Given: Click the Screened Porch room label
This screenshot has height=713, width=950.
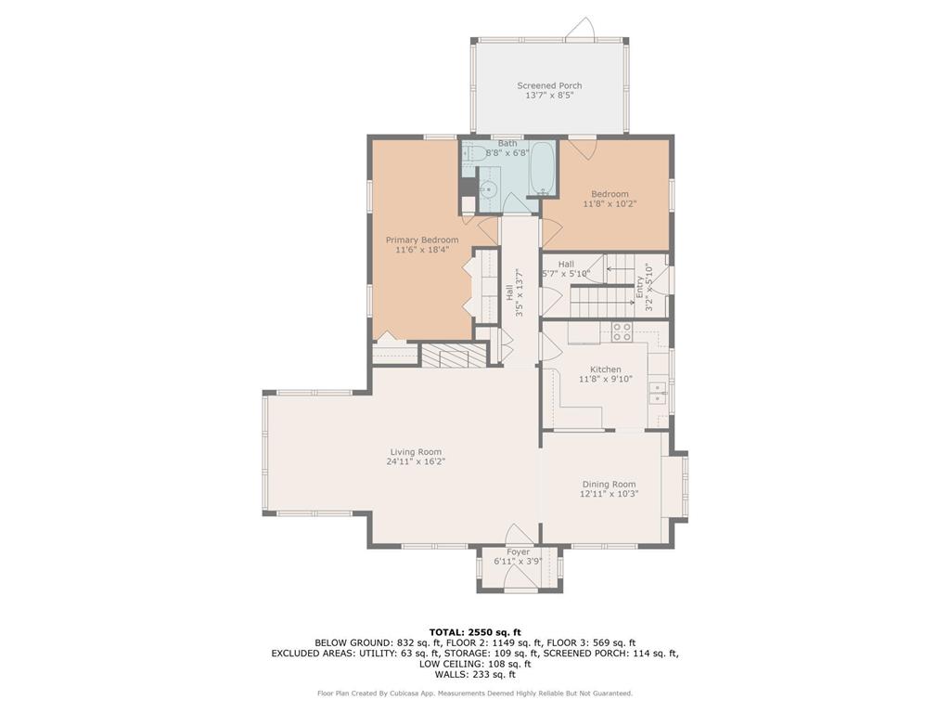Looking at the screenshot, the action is point(549,85).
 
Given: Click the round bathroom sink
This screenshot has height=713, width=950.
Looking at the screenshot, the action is point(488,189).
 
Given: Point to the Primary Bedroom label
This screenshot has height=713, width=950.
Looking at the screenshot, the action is point(422,240).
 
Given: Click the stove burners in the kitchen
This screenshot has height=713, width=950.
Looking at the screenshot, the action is point(622,331).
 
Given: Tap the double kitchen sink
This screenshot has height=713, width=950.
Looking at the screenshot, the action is point(658,393).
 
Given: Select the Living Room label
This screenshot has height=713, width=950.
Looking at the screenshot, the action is point(416,452).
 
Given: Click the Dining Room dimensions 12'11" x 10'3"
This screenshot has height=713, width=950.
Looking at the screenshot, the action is point(609,494).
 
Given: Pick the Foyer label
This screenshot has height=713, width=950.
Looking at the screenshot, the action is point(518,551).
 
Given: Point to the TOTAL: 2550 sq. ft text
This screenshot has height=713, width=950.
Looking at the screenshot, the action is point(475,631).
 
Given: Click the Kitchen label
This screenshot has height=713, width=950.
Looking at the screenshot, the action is point(605,369).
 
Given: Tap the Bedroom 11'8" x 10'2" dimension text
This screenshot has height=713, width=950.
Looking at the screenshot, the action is point(610,203).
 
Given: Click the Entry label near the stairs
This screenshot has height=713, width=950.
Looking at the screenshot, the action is point(640,288).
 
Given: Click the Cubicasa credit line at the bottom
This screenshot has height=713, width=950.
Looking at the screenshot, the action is point(475,693).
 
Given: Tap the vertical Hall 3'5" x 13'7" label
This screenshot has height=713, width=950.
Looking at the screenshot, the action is point(514,292).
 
